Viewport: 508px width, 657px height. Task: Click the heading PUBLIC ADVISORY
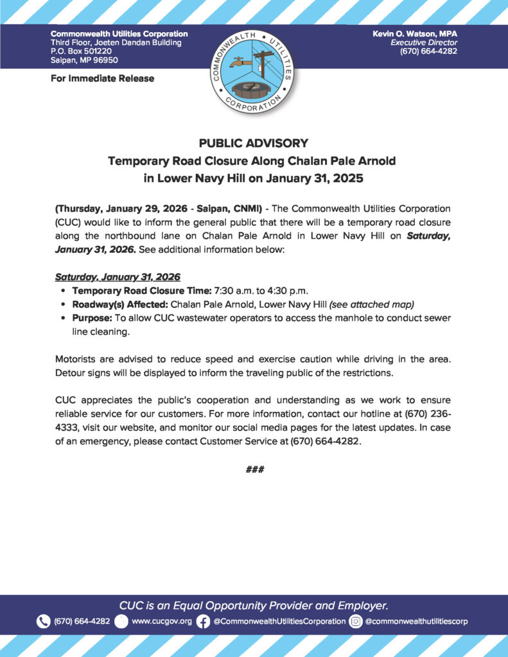(254, 143)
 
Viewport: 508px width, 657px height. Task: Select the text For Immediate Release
(102, 78)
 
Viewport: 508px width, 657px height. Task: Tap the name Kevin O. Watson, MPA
(415, 33)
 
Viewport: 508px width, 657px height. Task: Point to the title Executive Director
(428, 42)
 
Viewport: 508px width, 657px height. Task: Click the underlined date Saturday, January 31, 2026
(118, 277)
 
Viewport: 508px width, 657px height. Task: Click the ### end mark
(255, 470)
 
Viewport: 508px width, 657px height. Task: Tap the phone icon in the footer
(43, 621)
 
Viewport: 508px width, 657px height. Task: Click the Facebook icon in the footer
(203, 621)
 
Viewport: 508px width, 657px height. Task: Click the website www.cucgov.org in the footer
(162, 621)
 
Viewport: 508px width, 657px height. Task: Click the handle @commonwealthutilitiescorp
(417, 621)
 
